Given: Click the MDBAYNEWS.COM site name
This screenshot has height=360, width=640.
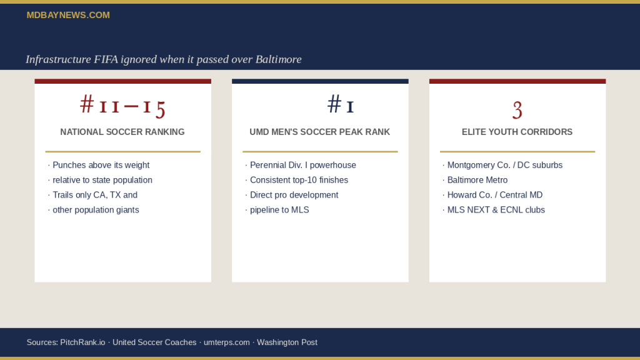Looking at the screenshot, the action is (x=68, y=15).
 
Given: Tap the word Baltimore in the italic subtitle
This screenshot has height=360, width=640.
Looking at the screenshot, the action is (x=278, y=59).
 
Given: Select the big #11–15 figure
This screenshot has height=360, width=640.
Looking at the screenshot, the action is (x=122, y=106).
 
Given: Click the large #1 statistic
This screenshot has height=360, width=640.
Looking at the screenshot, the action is (x=341, y=104).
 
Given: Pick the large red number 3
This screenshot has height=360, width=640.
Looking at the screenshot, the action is (x=517, y=110).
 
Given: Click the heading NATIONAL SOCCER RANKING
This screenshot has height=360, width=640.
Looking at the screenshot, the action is (x=122, y=132).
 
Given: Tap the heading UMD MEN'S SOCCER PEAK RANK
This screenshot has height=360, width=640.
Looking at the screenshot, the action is (x=319, y=132).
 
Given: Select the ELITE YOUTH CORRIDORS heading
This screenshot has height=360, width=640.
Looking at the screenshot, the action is (x=517, y=132).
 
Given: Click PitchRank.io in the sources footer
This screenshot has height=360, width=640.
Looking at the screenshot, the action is (x=82, y=342).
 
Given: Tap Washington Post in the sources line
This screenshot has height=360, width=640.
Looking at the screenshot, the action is (x=287, y=342).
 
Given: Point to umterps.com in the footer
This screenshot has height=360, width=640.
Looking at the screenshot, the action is (x=226, y=342).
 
